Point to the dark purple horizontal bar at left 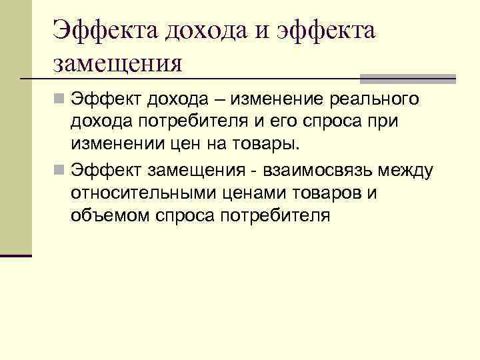(x=16, y=255)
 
